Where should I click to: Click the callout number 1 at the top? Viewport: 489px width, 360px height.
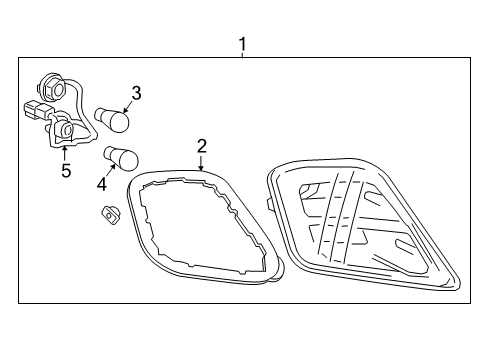(241, 44)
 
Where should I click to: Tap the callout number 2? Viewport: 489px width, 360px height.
(201, 146)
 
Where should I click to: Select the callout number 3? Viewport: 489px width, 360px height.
(136, 93)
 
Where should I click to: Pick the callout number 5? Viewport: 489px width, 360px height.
(66, 170)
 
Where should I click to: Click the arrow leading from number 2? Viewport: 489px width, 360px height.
(201, 164)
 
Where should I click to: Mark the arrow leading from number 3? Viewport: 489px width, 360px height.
(128, 107)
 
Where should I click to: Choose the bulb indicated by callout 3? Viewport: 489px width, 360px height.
(114, 119)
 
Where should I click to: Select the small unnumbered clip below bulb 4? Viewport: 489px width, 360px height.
(109, 213)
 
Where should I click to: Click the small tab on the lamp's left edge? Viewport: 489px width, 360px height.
(271, 205)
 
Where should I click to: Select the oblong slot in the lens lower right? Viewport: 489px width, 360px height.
(408, 247)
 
